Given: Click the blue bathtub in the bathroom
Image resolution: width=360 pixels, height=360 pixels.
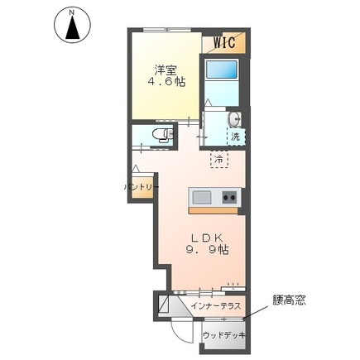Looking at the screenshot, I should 223,79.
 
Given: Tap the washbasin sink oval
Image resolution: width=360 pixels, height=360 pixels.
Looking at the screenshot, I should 235,118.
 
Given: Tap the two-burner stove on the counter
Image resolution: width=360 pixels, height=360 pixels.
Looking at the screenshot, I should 228,197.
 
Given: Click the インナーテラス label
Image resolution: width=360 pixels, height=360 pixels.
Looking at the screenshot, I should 214,307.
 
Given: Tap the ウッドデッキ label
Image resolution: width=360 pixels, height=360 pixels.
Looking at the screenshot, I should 223,334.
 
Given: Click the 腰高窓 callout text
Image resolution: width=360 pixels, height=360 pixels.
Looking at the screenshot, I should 289,300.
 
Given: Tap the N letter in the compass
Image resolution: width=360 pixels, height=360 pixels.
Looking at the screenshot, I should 73,12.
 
